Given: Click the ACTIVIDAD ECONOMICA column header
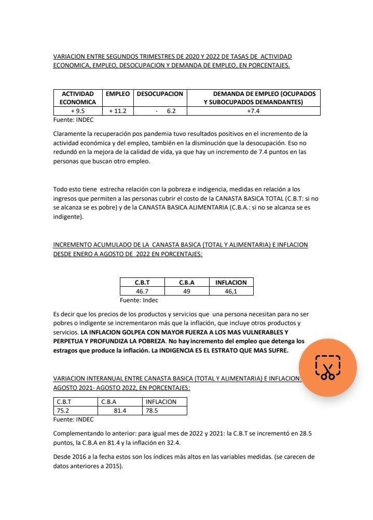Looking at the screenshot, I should click(78, 98).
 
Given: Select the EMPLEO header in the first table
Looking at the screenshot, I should click(117, 94).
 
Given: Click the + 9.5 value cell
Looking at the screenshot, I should click(78, 111).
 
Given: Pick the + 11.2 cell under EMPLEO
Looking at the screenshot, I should click(117, 111).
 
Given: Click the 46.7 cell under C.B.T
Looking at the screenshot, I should click(142, 291).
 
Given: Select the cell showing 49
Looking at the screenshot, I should click(186, 291).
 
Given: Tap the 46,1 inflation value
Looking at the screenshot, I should click(231, 291).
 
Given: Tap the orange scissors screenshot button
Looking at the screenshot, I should click(327, 368).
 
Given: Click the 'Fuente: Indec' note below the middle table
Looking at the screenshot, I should click(139, 300).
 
